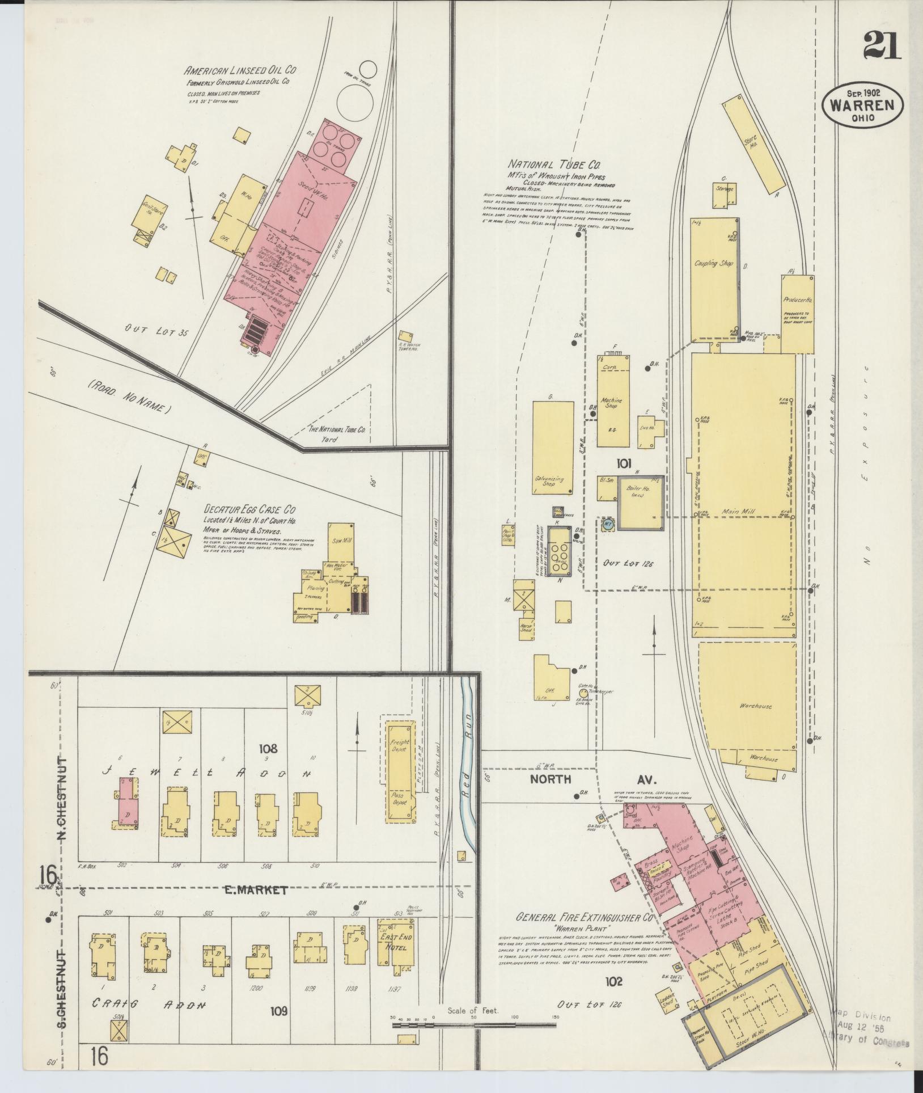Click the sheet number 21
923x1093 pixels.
click(882, 45)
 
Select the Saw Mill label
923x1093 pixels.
click(342, 541)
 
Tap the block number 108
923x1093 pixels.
click(268, 749)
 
